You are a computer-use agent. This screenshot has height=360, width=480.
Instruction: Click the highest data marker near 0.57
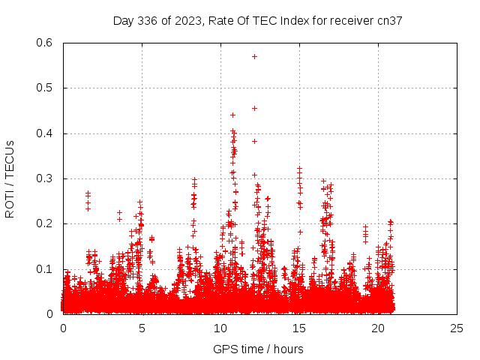[254, 56]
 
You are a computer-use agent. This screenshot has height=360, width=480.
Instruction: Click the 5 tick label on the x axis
[142, 328]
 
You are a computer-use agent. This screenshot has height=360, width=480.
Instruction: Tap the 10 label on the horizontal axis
[220, 328]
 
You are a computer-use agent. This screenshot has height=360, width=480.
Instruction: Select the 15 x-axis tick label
[299, 328]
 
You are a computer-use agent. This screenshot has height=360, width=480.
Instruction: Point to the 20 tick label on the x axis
[378, 328]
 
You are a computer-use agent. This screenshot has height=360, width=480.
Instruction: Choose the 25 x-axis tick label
[457, 328]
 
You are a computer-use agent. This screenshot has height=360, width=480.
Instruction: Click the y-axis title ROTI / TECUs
[10, 178]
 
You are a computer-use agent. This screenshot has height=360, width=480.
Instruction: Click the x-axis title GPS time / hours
[258, 349]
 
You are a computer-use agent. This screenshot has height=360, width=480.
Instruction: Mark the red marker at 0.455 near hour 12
[254, 108]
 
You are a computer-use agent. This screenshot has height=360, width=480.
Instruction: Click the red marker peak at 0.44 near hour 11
[232, 115]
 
